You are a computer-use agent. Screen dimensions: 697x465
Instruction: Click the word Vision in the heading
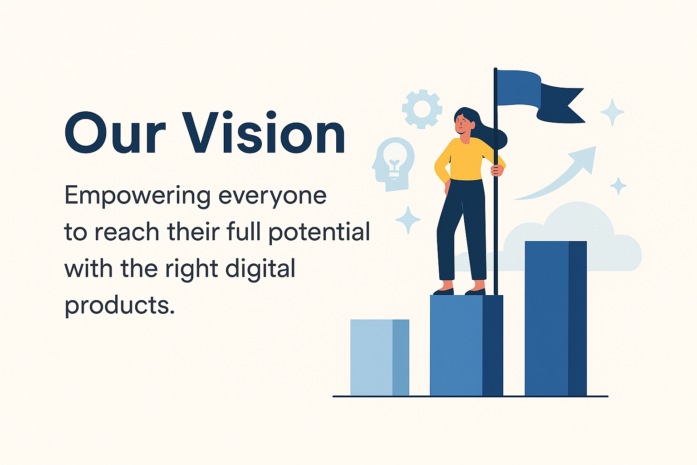(264, 132)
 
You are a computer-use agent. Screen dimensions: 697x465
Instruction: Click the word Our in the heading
(115, 133)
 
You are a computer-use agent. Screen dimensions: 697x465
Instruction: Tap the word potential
(319, 232)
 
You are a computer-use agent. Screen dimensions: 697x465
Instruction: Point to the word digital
(260, 268)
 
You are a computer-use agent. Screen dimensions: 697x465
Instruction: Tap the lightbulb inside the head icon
(395, 160)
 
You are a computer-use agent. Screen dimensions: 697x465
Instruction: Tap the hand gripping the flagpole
(497, 170)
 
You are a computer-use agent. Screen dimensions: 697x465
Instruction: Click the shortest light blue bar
(380, 357)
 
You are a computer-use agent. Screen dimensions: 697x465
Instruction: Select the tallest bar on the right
(556, 318)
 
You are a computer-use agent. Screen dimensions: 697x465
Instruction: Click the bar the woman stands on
(466, 346)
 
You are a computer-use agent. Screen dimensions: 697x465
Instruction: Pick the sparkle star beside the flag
(612, 112)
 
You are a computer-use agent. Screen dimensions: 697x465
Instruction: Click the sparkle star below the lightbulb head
(408, 220)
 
